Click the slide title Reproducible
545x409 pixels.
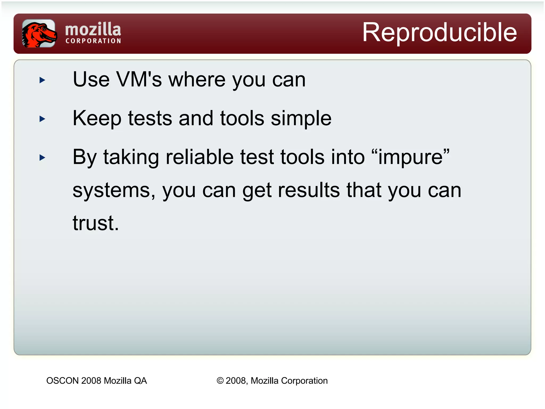[439, 32]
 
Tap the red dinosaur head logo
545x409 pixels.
[39, 34]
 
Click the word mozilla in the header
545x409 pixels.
[93, 29]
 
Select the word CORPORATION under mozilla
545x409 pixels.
[93, 41]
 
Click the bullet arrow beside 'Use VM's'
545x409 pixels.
[42, 80]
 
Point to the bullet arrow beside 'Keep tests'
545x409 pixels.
[42, 119]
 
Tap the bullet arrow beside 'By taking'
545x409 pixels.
[42, 158]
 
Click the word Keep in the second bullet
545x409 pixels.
[97, 119]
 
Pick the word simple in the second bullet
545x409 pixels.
[301, 119]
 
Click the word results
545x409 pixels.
[309, 190]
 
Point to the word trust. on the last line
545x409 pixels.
[96, 223]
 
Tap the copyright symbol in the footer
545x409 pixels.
[220, 381]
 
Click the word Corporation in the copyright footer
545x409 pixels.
[304, 381]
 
